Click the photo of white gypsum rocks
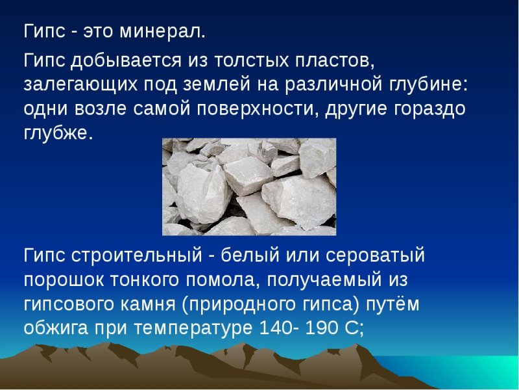pyautogui.click(x=248, y=187)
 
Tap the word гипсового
pyautogui.click(x=80, y=304)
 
